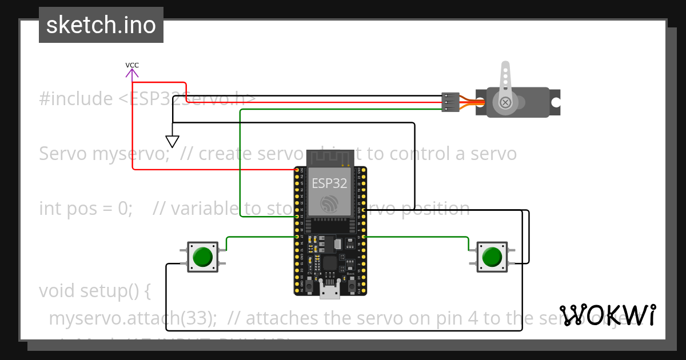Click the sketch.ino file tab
(x=101, y=25)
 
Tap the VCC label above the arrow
(x=132, y=65)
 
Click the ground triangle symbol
(x=172, y=141)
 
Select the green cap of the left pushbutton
(x=202, y=257)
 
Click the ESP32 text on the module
(x=329, y=183)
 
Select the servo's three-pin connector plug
(x=450, y=102)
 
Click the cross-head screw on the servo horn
(x=505, y=102)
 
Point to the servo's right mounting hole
(x=555, y=102)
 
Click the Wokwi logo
(x=608, y=315)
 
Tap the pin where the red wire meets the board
(x=297, y=170)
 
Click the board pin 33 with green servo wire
(x=297, y=217)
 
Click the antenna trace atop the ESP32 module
(x=329, y=158)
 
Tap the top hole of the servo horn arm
(x=505, y=67)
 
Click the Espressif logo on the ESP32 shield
(x=329, y=203)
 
